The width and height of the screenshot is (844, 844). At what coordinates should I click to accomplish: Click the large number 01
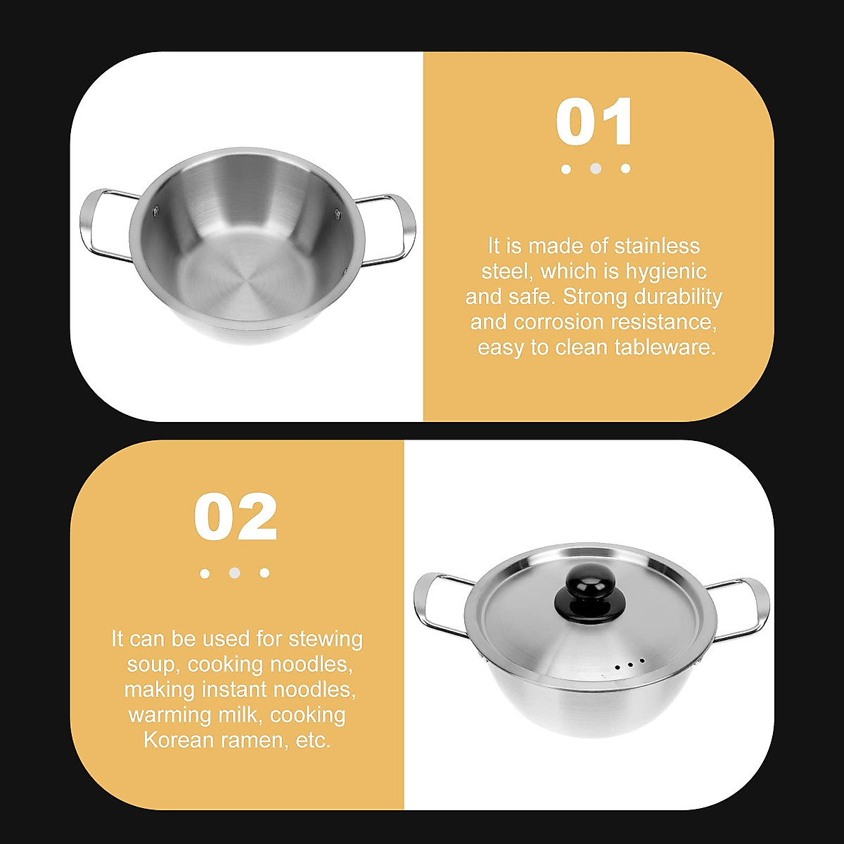pyautogui.click(x=594, y=122)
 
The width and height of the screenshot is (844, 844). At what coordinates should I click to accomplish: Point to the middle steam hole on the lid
pyautogui.click(x=629, y=664)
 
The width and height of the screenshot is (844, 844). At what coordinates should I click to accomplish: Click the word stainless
pyautogui.click(x=657, y=246)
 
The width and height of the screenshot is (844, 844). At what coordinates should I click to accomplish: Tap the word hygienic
pyautogui.click(x=665, y=271)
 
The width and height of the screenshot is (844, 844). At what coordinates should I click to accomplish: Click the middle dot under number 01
pyautogui.click(x=596, y=169)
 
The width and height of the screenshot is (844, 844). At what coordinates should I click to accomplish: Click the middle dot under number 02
pyautogui.click(x=235, y=573)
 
